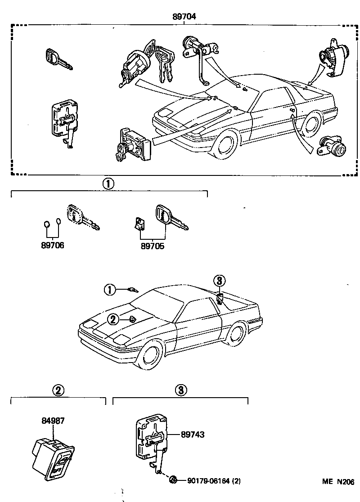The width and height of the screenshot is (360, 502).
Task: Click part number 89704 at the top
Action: pos(184,17)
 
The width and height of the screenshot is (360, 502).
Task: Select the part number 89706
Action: pos(53,246)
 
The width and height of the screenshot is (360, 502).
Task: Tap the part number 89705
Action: pos(152,246)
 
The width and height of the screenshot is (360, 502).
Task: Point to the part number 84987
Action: pos(53,421)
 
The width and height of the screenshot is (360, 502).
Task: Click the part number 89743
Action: pos(193,435)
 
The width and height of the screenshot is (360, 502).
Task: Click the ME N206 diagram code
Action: pos(338,481)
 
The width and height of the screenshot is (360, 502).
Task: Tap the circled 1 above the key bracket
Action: pos(108,184)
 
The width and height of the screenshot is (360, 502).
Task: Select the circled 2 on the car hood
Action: pos(112,319)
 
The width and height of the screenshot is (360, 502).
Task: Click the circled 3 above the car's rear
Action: pos(219,281)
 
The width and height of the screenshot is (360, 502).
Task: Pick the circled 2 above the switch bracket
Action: pos(58,390)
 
